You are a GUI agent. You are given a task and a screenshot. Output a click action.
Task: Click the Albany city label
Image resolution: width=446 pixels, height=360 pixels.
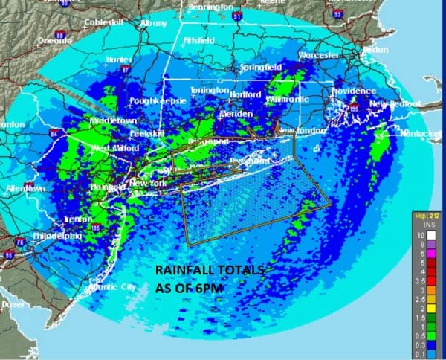click(153, 24)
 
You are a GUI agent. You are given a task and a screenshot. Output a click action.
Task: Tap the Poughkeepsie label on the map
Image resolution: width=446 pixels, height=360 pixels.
click(154, 100)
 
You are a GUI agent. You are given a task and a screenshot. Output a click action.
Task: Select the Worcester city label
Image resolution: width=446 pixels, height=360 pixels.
click(319, 55)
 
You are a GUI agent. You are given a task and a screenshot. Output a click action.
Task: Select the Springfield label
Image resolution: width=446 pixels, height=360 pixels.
click(261, 67)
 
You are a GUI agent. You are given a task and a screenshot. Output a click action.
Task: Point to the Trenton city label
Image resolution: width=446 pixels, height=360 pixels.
click(78, 219)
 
